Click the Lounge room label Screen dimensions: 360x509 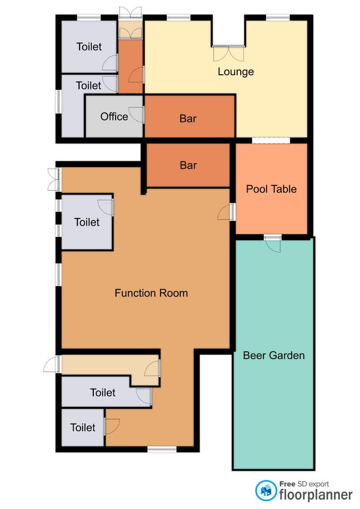coord(236,72)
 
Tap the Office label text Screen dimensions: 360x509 coord(114,117)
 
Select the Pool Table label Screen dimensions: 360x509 coord(271,189)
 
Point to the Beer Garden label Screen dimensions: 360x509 coord(274,355)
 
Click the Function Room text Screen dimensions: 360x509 coord(151,293)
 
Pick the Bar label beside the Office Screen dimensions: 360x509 coord(188,118)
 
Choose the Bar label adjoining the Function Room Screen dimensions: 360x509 coord(188,165)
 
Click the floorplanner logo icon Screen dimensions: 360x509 coord(266,490)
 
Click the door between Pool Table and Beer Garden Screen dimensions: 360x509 coord(273,243)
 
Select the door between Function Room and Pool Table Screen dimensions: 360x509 coord(226,212)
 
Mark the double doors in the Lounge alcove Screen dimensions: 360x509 coord(229,54)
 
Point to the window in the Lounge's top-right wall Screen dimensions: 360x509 coord(277,17)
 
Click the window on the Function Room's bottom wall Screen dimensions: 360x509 coord(162,449)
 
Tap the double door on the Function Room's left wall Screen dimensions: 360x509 coord(54,180)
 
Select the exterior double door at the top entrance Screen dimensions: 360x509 coord(130,12)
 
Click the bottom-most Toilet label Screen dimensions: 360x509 coord(83,427)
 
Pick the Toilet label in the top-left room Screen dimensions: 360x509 coord(89,47)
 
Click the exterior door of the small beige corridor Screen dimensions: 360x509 coord(52,364)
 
